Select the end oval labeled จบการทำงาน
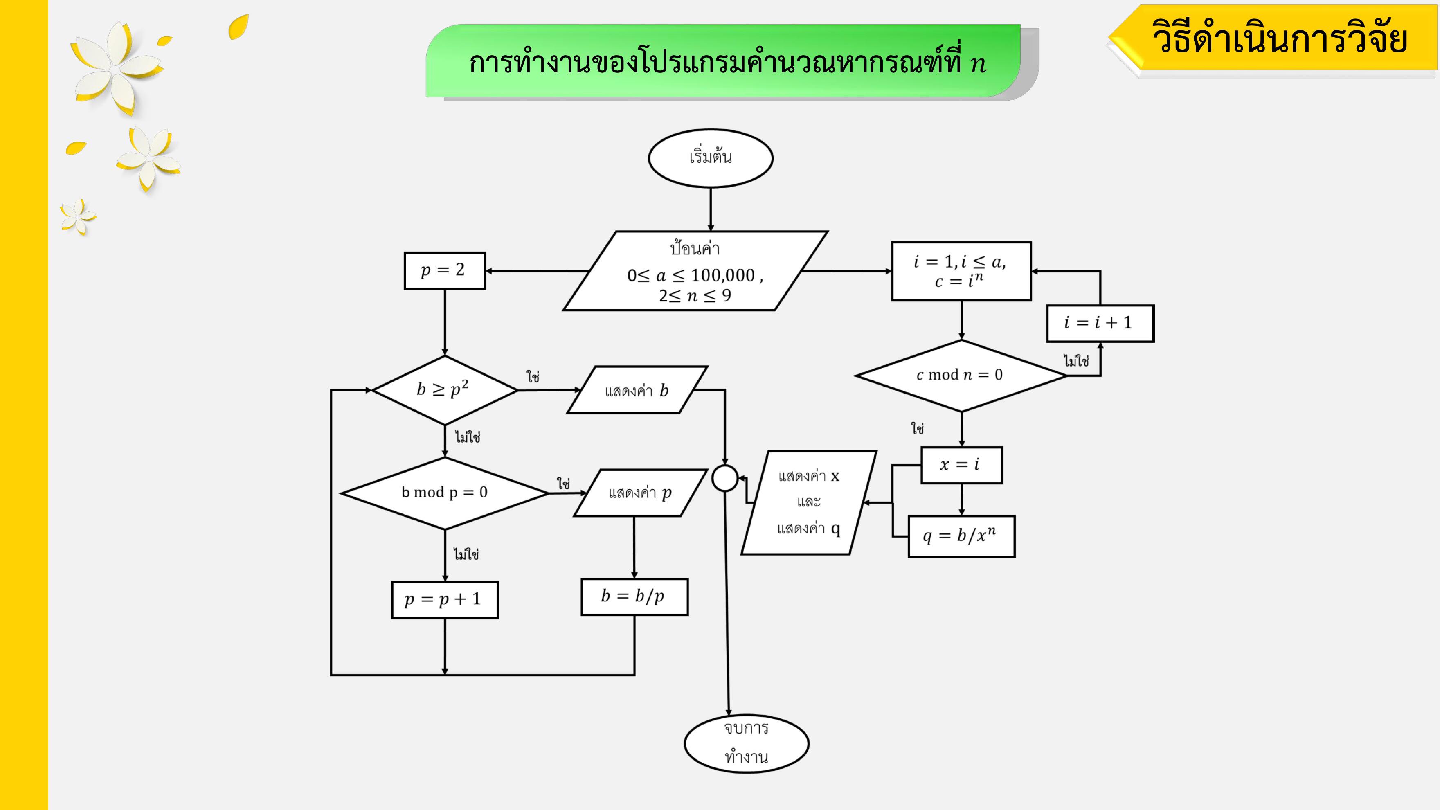point(746,743)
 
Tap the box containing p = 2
point(444,270)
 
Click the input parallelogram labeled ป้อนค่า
point(695,271)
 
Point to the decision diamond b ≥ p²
point(444,389)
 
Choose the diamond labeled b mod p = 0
point(444,493)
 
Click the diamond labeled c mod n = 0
point(961,375)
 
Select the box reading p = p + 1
point(444,600)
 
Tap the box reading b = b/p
point(634,596)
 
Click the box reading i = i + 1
point(1100,323)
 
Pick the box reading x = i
point(961,465)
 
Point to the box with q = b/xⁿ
point(961,536)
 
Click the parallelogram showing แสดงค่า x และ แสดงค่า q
point(808,502)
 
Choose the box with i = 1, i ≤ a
point(961,271)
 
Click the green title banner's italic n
point(978,64)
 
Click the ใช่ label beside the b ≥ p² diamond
point(533,377)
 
